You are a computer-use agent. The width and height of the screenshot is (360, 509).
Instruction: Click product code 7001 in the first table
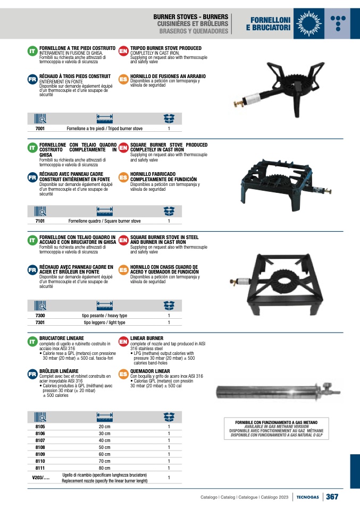click(x=40, y=129)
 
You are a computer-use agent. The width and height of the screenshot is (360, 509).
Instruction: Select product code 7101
click(x=40, y=221)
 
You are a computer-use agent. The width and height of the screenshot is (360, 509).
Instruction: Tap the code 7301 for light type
click(x=40, y=323)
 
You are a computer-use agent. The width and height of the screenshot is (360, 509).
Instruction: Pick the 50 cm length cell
click(x=105, y=447)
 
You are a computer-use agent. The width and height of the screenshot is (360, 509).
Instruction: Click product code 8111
click(x=40, y=468)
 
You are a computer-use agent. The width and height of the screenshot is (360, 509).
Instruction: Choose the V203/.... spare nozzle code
click(x=41, y=478)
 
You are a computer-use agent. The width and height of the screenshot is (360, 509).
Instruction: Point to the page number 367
click(x=332, y=497)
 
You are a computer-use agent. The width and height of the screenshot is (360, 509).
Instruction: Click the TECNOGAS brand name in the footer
click(x=308, y=497)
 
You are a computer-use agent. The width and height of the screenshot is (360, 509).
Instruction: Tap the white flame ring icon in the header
click(x=308, y=23)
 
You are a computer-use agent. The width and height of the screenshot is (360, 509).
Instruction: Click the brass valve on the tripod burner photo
click(x=239, y=103)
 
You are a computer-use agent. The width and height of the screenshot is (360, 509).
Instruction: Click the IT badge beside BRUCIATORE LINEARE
click(x=32, y=342)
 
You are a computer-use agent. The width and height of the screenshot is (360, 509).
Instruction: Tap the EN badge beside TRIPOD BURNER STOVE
click(x=123, y=51)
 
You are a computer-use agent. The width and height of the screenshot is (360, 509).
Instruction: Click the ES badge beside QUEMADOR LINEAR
click(x=123, y=374)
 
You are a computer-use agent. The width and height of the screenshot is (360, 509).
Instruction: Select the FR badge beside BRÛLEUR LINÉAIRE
click(x=32, y=374)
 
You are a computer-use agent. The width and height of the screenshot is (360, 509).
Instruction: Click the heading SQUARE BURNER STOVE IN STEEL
click(x=164, y=237)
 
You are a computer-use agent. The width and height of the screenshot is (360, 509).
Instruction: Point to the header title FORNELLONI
click(x=270, y=20)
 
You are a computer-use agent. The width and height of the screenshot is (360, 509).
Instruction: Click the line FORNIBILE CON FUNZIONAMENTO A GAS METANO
click(x=276, y=422)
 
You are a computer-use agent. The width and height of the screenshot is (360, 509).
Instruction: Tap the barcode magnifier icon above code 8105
click(x=40, y=417)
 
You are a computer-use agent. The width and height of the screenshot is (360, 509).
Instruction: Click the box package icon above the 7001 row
click(x=169, y=118)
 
